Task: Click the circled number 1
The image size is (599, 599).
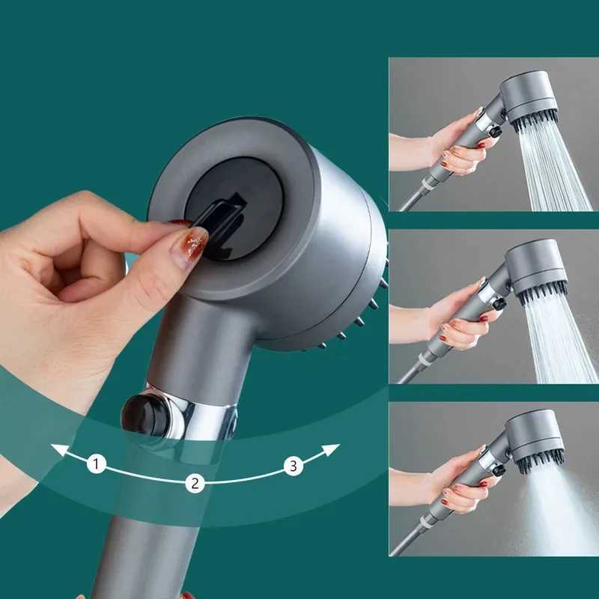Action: (x=96, y=464)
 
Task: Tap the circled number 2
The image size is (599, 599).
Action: (x=195, y=483)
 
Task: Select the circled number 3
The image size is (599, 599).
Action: (x=293, y=466)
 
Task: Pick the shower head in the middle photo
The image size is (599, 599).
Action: (x=535, y=267)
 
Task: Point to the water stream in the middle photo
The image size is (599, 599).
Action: (x=558, y=341)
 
